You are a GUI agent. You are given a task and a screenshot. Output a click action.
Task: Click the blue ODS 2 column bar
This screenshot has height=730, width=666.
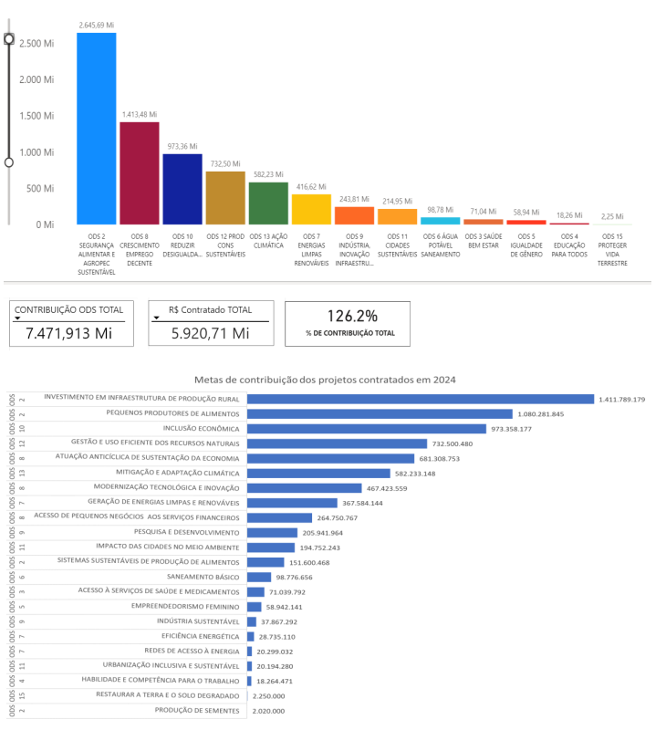pos(96,128)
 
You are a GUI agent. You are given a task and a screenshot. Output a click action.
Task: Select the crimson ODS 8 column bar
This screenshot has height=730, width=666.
pos(140,172)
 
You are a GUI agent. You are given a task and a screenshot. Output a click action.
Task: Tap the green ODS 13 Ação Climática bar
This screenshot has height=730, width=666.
pos(268,203)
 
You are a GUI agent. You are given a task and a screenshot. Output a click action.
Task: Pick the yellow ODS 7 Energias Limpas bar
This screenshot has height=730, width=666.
pos(311,209)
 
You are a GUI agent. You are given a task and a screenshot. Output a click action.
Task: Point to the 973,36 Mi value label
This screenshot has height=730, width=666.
pos(182,146)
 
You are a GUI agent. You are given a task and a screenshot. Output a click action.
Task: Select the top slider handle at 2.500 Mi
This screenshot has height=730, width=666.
pos(9,38)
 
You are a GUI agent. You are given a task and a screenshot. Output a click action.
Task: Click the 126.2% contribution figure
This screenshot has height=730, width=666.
pos(353,316)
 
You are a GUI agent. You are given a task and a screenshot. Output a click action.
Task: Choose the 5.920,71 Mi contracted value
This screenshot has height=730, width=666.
pos(210,333)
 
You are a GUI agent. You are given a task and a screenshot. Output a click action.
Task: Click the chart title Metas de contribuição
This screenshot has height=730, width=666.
pos(325,379)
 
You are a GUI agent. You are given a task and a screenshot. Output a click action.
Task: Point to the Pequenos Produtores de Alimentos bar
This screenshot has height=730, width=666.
pos(380,413)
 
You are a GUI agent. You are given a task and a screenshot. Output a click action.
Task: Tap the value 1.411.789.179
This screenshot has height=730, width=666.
pos(622,399)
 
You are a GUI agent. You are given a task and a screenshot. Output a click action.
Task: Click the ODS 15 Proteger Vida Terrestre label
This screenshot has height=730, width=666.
pos(613,249)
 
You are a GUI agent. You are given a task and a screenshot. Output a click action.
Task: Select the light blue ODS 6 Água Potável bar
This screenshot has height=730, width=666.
pos(441,221)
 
